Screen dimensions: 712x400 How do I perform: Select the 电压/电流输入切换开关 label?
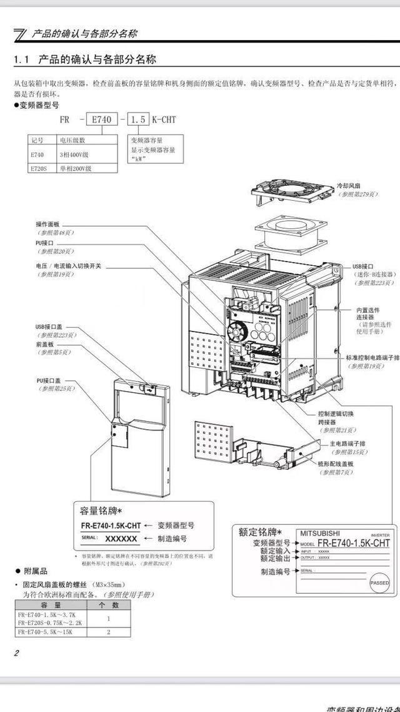pyautogui.click(x=69, y=266)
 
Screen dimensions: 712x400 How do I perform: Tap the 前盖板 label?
pyautogui.click(x=45, y=344)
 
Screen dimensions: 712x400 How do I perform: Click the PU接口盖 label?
pyautogui.click(x=49, y=380)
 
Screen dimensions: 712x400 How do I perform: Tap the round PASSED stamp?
pyautogui.click(x=379, y=582)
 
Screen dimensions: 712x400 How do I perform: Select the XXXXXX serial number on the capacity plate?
pyautogui.click(x=121, y=538)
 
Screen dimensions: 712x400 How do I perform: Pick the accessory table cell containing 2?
pyautogui.click(x=109, y=633)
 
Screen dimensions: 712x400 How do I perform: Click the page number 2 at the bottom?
pyautogui.click(x=17, y=653)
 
